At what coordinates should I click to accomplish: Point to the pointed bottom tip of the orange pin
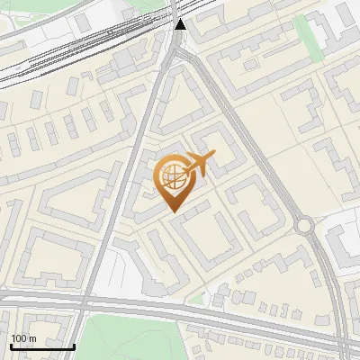(x=173, y=211)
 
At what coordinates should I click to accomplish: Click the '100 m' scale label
(x=23, y=338)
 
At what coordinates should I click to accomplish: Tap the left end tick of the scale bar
(x=12, y=345)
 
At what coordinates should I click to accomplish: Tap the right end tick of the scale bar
(x=73, y=345)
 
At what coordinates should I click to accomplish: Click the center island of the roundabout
(x=305, y=225)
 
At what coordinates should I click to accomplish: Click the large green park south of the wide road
(x=135, y=338)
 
